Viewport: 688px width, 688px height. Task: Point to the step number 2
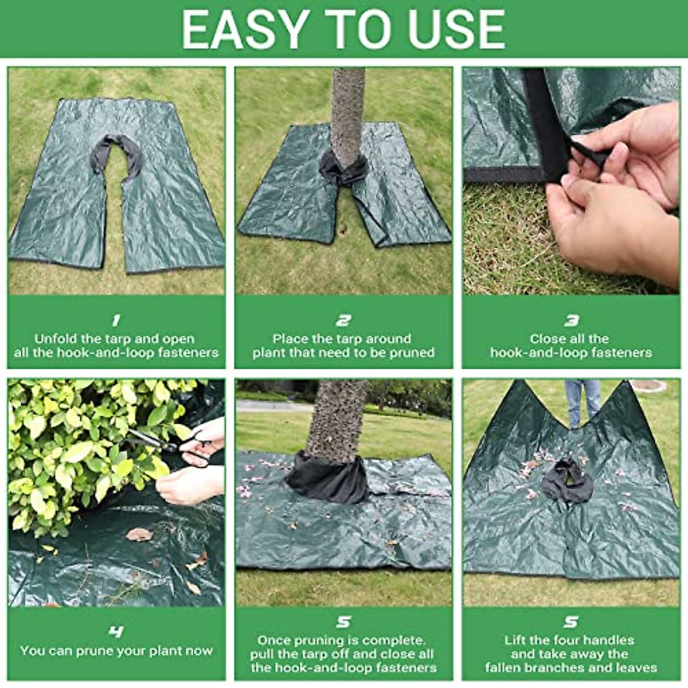[x=343, y=320]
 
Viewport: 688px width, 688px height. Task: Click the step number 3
[x=571, y=320]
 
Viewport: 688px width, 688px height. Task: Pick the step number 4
[x=116, y=632]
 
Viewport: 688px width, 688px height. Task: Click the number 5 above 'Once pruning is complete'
[x=343, y=622]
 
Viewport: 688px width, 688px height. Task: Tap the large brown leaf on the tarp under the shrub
[x=139, y=534]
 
